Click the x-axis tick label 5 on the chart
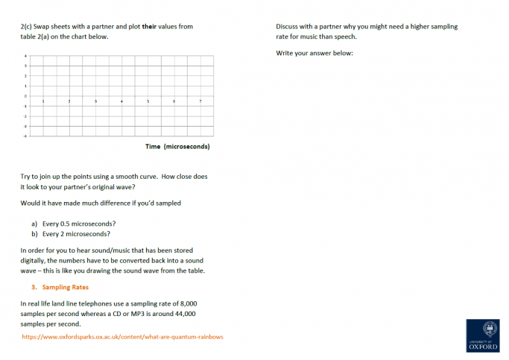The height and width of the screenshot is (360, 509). [x=148, y=101]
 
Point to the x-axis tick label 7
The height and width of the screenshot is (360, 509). [x=200, y=101]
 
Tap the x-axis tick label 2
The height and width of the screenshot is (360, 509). [x=69, y=101]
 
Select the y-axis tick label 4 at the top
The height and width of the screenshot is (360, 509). [x=26, y=56]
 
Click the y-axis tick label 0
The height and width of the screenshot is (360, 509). [x=26, y=96]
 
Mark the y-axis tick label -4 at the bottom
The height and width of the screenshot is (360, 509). [x=26, y=136]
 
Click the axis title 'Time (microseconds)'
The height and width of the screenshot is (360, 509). [x=177, y=147]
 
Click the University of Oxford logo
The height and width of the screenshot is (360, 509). [x=484, y=335]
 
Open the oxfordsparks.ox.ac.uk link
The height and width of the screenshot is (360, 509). [x=122, y=337]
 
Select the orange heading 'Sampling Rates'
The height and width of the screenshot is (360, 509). [x=66, y=287]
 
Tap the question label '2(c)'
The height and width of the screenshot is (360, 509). [x=28, y=27]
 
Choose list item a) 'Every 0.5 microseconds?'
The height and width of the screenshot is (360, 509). [x=73, y=224]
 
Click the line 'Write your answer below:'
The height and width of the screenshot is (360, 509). [x=314, y=53]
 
